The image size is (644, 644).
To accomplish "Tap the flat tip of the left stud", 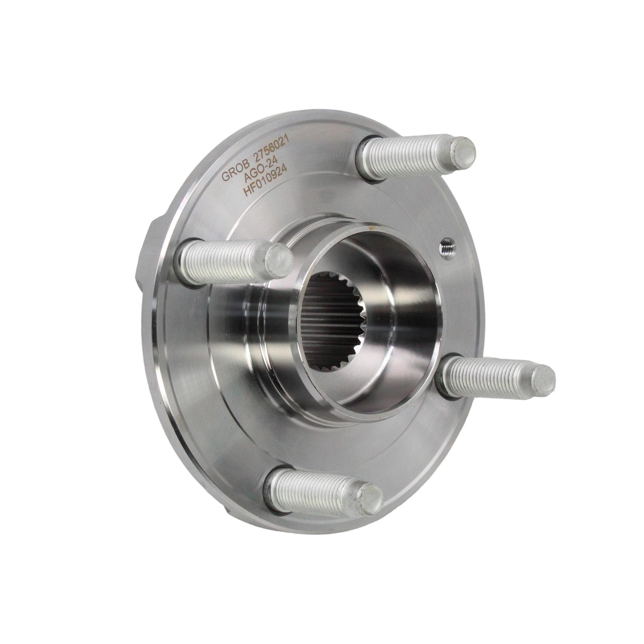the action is pyautogui.click(x=279, y=260).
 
